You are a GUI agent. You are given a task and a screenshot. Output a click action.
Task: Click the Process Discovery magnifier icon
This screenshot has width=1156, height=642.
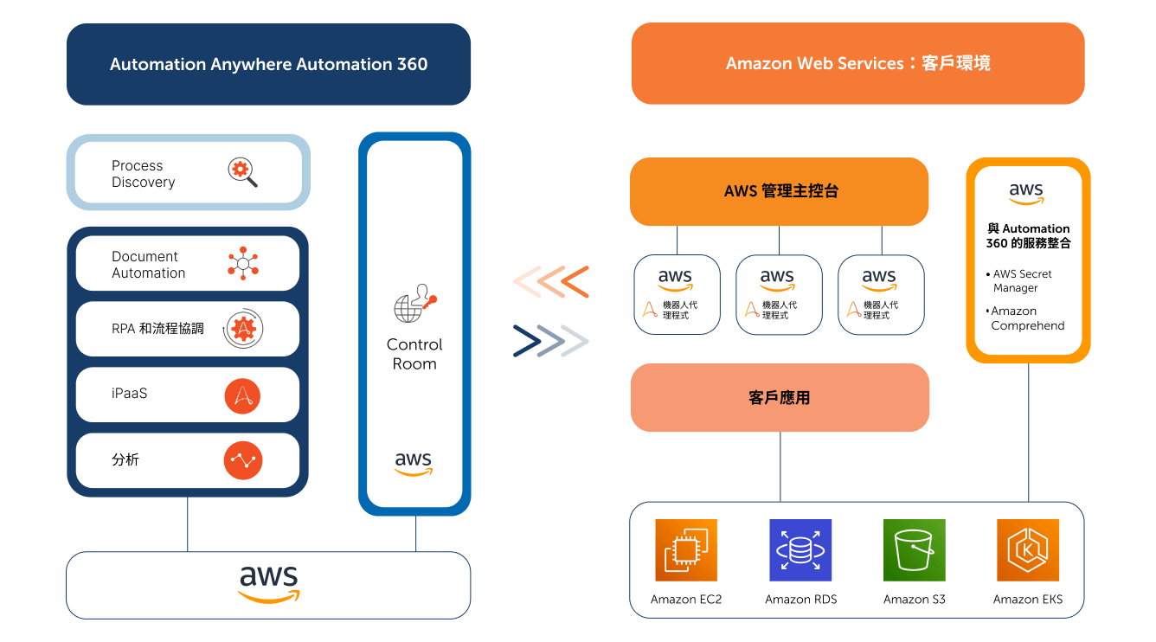tap(242, 172)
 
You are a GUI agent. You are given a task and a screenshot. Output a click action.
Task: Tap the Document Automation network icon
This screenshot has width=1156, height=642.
tap(243, 263)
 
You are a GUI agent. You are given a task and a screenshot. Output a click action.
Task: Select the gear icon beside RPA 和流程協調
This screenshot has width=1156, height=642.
tap(243, 328)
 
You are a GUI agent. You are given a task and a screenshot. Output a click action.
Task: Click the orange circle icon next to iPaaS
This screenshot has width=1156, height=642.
tap(242, 395)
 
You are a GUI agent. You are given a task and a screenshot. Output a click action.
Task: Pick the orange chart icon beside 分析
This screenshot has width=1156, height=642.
tap(242, 460)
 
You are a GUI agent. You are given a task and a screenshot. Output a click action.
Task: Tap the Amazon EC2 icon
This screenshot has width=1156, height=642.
tap(686, 550)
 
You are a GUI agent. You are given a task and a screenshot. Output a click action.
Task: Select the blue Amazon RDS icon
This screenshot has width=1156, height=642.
tap(800, 550)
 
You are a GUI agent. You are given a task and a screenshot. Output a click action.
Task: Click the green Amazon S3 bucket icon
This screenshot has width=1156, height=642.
tap(915, 550)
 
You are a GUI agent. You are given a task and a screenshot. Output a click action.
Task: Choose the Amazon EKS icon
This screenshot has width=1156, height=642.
tap(1028, 550)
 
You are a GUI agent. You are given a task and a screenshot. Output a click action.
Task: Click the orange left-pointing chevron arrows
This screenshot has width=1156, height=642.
tap(551, 282)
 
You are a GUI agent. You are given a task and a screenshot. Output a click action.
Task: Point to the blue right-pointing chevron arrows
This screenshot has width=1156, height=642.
tap(551, 341)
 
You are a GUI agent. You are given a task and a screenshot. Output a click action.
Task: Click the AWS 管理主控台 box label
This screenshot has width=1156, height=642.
tap(780, 191)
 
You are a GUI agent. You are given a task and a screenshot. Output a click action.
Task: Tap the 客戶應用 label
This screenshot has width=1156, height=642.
tap(780, 397)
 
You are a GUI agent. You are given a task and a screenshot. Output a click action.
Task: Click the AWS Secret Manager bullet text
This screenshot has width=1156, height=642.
tap(1018, 280)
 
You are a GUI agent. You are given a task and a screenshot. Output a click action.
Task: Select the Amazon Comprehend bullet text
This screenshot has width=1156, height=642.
tap(1025, 318)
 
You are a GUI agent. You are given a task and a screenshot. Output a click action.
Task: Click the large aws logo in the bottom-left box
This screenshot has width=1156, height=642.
tap(269, 584)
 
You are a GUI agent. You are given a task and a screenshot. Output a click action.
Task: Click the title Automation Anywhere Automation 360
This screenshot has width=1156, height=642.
tap(268, 64)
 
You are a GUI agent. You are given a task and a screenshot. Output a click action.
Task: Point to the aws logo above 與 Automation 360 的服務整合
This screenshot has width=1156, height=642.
tap(1026, 194)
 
